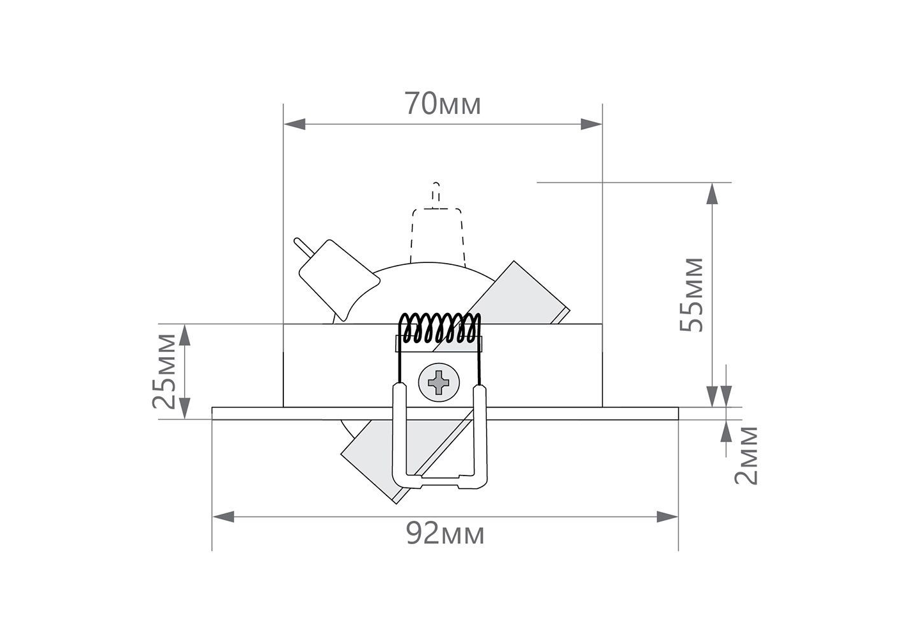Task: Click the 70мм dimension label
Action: point(443,104)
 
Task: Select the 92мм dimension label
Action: point(445,534)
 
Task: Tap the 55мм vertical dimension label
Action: point(691,294)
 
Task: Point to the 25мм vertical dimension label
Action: point(164,371)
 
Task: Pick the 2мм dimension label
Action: point(746,456)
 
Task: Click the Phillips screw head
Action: point(439,383)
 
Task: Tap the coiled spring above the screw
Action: point(439,328)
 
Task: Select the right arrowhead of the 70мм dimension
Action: point(591,124)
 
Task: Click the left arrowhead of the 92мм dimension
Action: point(224,516)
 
